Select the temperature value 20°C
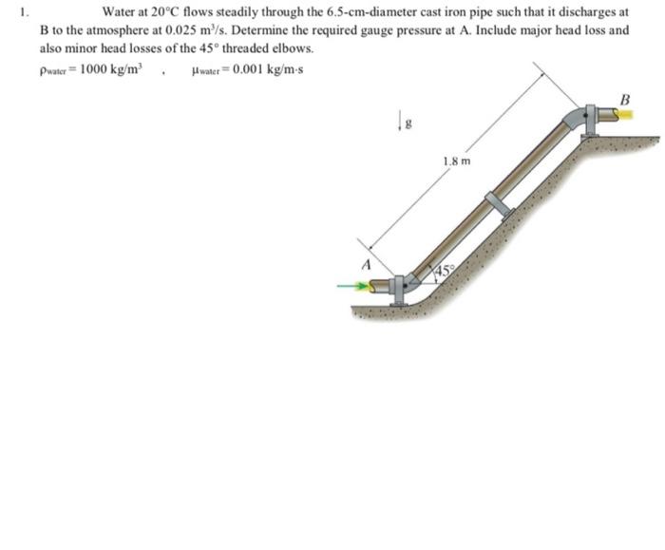(167, 14)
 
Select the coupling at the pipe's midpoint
(497, 203)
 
